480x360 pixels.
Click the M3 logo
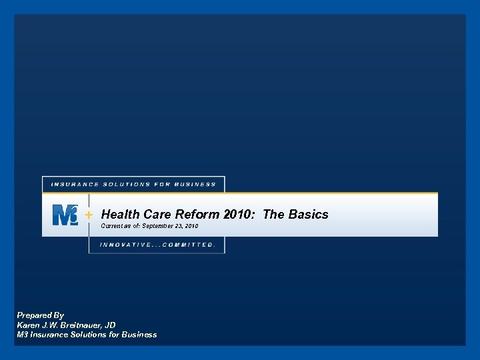pos(65,215)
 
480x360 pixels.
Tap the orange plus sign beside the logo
pos(89,215)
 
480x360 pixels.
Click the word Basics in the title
pos(309,214)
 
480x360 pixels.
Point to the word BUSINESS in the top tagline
pos(196,184)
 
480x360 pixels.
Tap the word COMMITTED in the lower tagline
pos(189,245)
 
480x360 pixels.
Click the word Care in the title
pos(156,214)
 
